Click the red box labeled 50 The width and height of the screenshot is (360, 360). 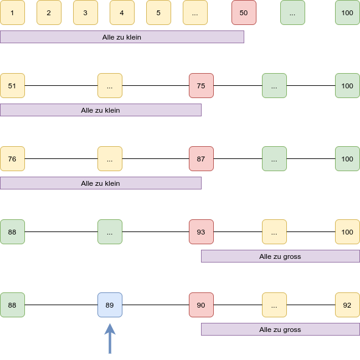pos(244,13)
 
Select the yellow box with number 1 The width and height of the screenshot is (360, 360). pos(12,13)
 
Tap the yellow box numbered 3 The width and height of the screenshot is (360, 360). pos(85,13)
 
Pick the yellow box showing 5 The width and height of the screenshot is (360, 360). pos(158,13)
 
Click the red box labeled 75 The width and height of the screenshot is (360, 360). pos(202,86)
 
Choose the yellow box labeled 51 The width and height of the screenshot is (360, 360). pos(12,86)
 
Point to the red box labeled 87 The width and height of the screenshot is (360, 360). pos(202,158)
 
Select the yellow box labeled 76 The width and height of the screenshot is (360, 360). pos(12,158)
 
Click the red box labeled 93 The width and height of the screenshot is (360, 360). pos(202,231)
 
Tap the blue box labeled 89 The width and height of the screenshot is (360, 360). pos(110,305)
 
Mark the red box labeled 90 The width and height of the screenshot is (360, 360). pos(202,305)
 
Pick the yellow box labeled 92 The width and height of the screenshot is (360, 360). pos(347,305)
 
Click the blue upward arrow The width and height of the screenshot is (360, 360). pos(110,339)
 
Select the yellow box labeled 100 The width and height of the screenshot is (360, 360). pos(347,231)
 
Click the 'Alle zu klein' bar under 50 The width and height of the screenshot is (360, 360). pos(122,37)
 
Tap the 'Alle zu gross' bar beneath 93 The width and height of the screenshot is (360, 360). pos(281,256)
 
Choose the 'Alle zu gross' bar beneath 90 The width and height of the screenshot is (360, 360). pos(281,329)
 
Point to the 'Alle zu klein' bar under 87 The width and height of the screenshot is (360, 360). pos(101,183)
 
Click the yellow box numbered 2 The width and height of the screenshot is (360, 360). pos(49,13)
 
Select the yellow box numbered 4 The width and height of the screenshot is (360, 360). pos(122,13)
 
